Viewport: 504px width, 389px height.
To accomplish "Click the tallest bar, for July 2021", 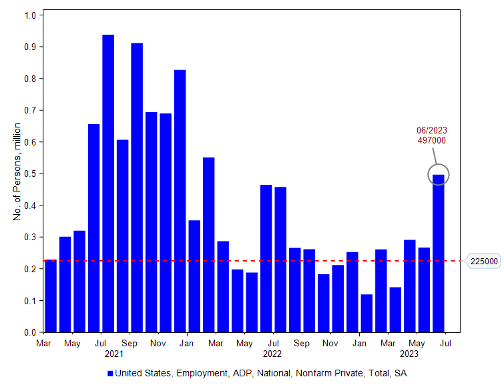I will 108,183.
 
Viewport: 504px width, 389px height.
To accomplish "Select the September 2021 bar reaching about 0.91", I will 137,187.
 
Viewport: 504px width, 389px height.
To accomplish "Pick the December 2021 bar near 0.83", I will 180,201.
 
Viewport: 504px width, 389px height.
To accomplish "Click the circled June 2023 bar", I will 439,253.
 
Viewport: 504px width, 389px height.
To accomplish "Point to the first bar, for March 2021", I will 51,296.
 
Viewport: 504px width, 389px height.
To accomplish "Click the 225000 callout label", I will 483,261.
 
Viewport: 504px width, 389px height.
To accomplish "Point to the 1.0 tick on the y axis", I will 32,15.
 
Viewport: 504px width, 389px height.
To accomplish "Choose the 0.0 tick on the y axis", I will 32,332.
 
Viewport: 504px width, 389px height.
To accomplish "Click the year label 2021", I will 114,354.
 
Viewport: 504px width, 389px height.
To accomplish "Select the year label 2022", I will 272,354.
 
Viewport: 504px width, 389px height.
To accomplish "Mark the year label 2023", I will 409,354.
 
